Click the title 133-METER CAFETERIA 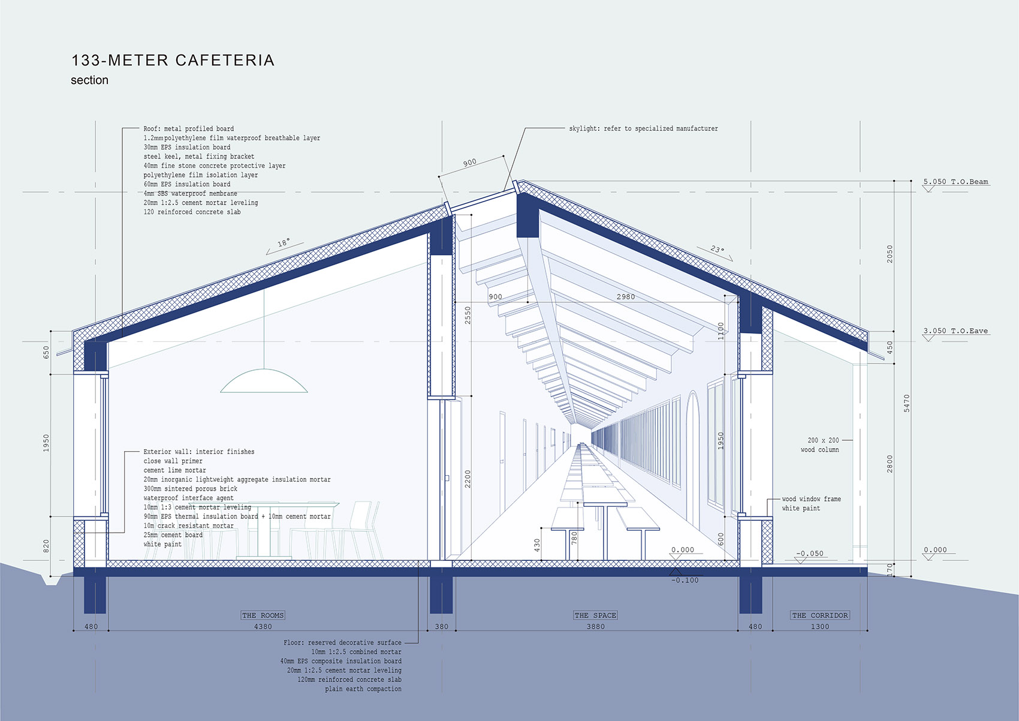pos(173,61)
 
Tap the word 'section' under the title pos(90,80)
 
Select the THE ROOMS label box pos(263,615)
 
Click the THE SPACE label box pos(595,615)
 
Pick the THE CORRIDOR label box pos(820,615)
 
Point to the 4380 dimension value pos(263,627)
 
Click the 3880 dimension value pos(595,627)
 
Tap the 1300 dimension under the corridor pos(820,627)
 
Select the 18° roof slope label pos(284,242)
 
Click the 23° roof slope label pos(717,250)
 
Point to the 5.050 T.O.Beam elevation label pos(956,182)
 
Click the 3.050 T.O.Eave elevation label pos(956,331)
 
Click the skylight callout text pos(643,129)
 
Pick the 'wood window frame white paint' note pos(812,504)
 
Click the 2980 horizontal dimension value pos(626,297)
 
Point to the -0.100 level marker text pos(685,581)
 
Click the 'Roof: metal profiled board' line pos(189,129)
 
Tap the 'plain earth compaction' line pos(363,689)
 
